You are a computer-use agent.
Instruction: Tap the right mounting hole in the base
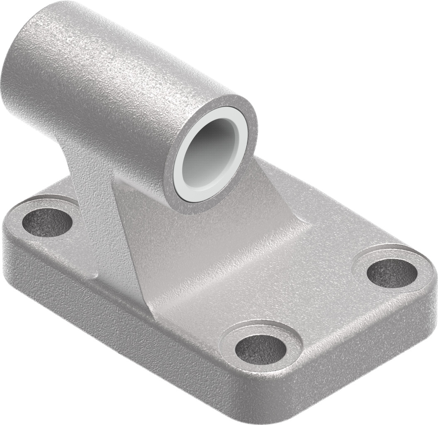click(392, 272)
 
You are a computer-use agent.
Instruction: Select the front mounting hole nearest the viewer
click(260, 349)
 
